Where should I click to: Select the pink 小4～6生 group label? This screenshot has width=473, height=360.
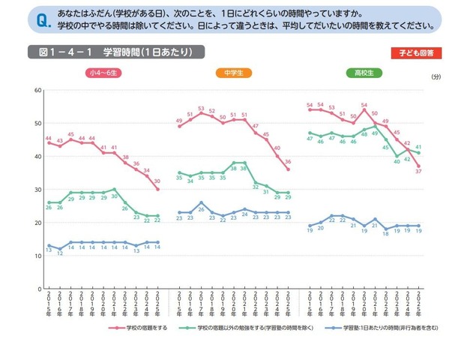[104, 73]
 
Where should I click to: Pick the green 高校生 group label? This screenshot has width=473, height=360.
[364, 73]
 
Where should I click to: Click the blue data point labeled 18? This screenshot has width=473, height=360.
[386, 229]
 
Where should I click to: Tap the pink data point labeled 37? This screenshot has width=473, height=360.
[418, 166]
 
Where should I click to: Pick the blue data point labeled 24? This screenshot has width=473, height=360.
[244, 209]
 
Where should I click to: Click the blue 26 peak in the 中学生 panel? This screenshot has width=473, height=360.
[201, 202]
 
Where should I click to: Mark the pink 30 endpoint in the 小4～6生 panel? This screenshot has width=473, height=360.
[157, 189]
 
